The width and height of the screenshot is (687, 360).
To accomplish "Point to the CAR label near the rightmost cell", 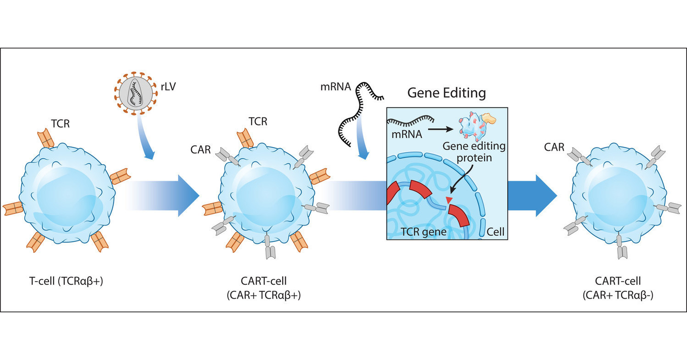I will pos(554,147).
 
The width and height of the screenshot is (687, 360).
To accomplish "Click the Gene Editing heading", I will pos(447,94).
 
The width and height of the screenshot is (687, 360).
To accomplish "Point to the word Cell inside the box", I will pos(495,232).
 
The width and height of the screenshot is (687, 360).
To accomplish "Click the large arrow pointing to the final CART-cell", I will pos(532,195).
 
